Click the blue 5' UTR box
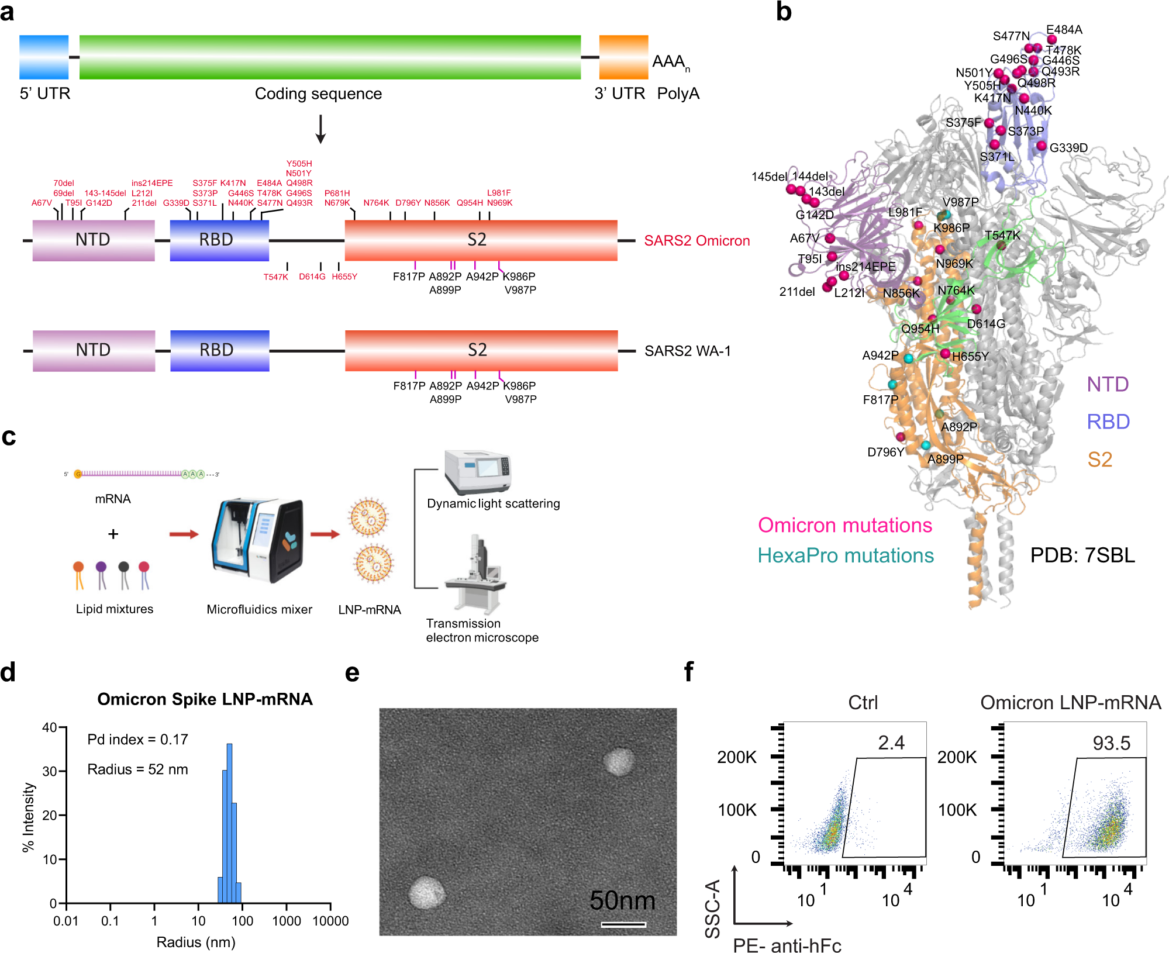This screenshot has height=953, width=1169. pyautogui.click(x=44, y=57)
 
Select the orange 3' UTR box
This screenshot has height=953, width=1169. pyautogui.click(x=623, y=57)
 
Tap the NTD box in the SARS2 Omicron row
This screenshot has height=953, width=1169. pyautogui.click(x=94, y=240)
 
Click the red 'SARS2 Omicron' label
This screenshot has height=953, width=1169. pyautogui.click(x=696, y=240)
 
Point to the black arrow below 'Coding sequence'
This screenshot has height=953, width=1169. pyautogui.click(x=320, y=129)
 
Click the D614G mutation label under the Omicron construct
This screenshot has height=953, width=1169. pyautogui.click(x=312, y=277)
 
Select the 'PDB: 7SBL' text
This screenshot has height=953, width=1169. pyautogui.click(x=1082, y=555)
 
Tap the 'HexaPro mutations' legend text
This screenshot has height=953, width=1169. pyautogui.click(x=846, y=555)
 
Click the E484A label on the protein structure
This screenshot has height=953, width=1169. pyautogui.click(x=1064, y=30)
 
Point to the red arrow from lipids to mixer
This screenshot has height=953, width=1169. pyautogui.click(x=184, y=534)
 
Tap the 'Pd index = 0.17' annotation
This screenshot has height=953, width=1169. pyautogui.click(x=137, y=740)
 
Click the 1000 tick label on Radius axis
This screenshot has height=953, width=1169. pyautogui.click(x=287, y=921)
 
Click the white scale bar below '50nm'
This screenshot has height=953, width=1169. pyautogui.click(x=623, y=924)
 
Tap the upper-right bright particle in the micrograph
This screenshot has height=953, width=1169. pyautogui.click(x=619, y=761)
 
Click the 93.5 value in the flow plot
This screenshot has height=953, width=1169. pyautogui.click(x=1111, y=743)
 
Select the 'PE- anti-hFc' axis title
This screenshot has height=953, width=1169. pyautogui.click(x=787, y=945)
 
